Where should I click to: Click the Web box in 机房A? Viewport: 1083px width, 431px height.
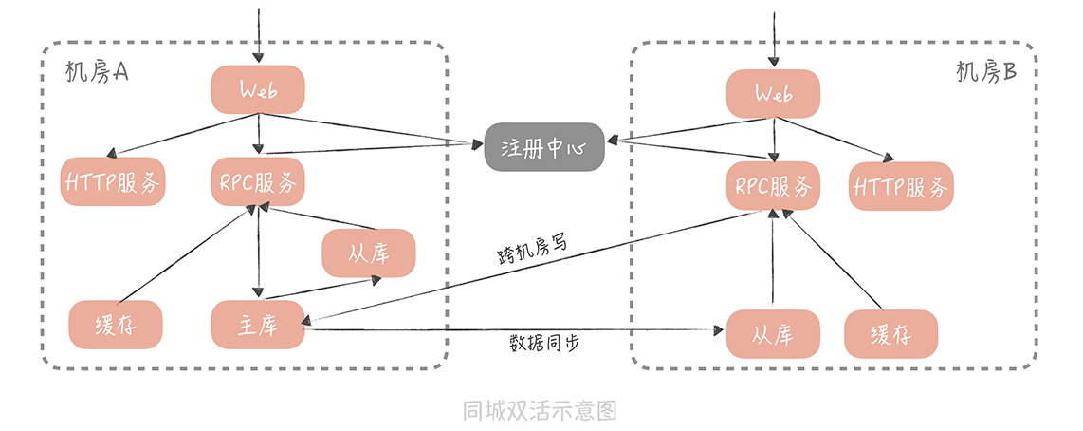pyautogui.click(x=257, y=90)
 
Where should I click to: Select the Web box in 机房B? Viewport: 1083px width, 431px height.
pyautogui.click(x=774, y=94)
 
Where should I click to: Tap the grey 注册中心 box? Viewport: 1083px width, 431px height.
pyautogui.click(x=544, y=147)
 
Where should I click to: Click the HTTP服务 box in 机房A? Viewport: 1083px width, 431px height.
pyautogui.click(x=114, y=180)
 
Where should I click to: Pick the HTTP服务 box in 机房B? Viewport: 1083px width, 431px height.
pyautogui.click(x=901, y=186)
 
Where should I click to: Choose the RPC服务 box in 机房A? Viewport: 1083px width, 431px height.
pyautogui.click(x=257, y=180)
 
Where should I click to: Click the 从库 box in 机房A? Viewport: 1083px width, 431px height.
pyautogui.click(x=369, y=253)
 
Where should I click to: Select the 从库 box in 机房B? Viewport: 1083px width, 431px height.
pyautogui.click(x=774, y=334)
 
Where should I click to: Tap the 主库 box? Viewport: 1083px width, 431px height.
pyautogui.click(x=257, y=324)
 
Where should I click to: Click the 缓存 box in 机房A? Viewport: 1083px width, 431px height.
pyautogui.click(x=116, y=324)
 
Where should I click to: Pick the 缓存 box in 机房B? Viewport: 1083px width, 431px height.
pyautogui.click(x=891, y=334)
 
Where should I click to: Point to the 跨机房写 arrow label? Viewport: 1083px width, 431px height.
pyautogui.click(x=532, y=249)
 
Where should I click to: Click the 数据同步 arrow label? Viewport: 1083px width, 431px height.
pyautogui.click(x=544, y=342)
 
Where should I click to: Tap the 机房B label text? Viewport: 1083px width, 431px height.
pyautogui.click(x=986, y=73)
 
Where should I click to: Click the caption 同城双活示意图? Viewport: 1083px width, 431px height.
pyautogui.click(x=541, y=410)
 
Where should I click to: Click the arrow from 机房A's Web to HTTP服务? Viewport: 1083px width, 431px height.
pyautogui.click(x=180, y=135)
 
